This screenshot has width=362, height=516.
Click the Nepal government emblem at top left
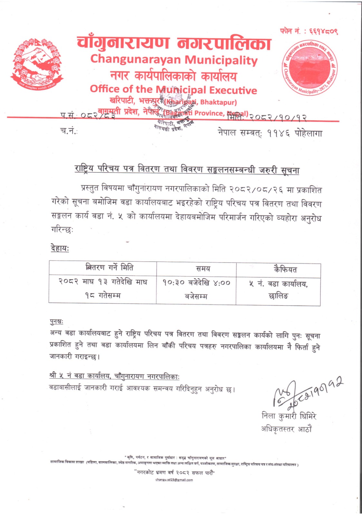(x=37, y=64)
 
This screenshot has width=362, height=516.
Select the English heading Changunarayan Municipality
(x=174, y=60)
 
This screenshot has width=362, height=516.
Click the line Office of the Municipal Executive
(x=173, y=89)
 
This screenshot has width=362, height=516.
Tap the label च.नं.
(x=69, y=131)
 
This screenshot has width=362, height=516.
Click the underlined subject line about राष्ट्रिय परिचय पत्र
(x=187, y=169)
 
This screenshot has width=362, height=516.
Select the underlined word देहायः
(x=60, y=248)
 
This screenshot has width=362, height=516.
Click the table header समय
(x=203, y=268)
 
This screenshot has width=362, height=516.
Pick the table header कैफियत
(x=285, y=269)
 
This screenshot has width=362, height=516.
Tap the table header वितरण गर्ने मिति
(x=109, y=267)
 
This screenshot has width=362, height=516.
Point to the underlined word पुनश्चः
(x=57, y=322)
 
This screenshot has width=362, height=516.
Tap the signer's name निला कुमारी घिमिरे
(x=289, y=416)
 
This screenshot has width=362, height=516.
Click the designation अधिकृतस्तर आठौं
(x=286, y=429)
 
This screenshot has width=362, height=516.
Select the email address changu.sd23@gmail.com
(x=174, y=480)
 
